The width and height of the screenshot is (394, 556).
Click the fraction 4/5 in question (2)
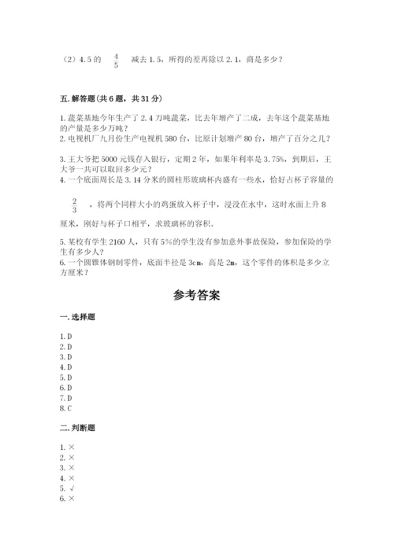tap(117, 61)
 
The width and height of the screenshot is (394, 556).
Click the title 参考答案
tap(196, 296)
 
